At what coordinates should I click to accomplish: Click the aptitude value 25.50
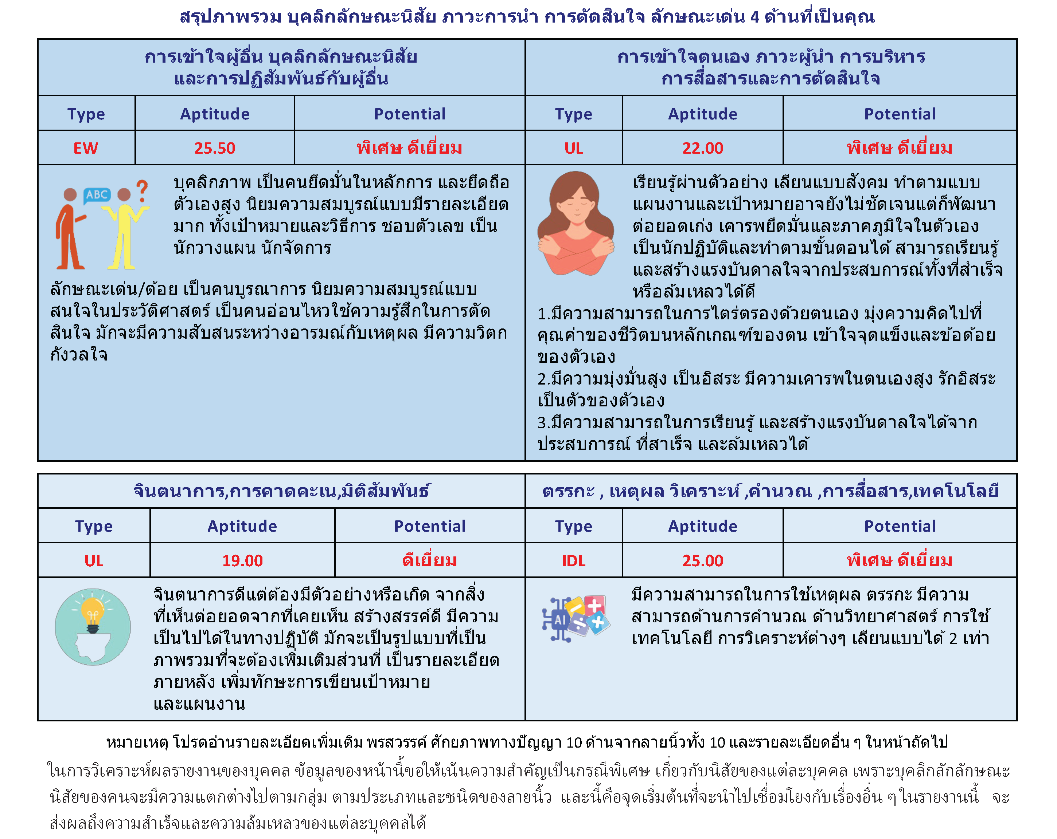pos(214,148)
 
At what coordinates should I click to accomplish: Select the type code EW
pos(86,148)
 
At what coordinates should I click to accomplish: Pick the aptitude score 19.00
pos(242,560)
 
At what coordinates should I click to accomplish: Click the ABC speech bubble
pos(97,195)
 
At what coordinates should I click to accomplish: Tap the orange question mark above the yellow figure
pos(142,191)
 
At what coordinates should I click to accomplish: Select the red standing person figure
pos(70,230)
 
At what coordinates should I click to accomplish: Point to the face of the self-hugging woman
pos(576,203)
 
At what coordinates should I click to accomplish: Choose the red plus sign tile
pos(595,606)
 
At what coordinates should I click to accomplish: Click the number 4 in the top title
pos(754,17)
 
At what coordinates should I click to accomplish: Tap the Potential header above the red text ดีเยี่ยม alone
pos(429,526)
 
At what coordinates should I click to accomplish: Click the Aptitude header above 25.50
pos(214,114)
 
